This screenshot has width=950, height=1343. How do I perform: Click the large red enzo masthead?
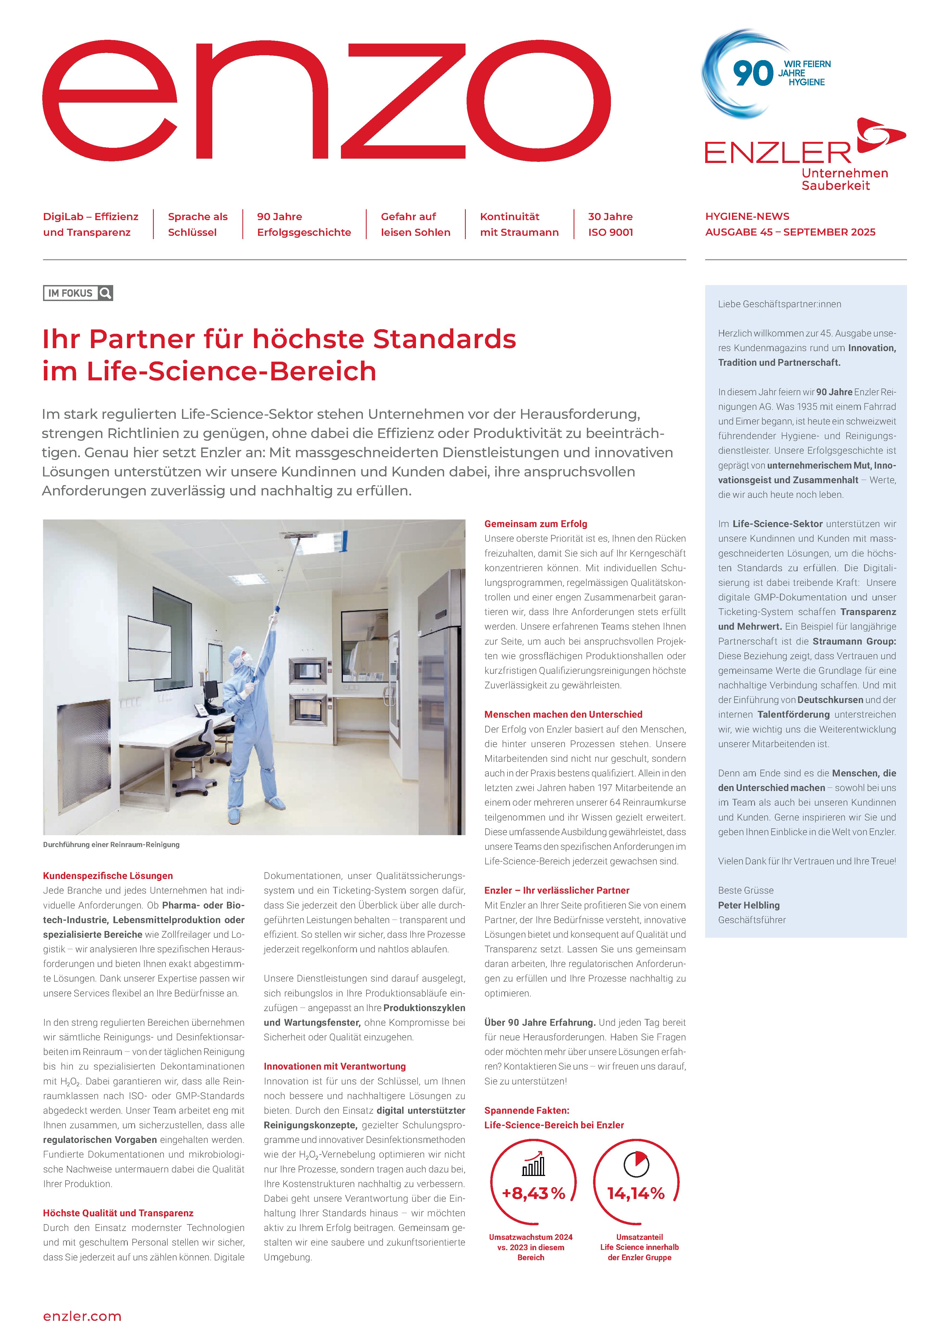click(326, 101)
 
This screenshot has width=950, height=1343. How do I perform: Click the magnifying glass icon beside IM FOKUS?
click(105, 293)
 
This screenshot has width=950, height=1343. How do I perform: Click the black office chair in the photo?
click(193, 754)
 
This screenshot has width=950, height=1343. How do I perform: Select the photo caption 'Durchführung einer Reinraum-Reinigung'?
click(111, 845)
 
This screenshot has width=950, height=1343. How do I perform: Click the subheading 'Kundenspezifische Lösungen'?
click(108, 876)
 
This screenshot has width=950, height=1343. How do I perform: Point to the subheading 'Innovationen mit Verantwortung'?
click(335, 1066)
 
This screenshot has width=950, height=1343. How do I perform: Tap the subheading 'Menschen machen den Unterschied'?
click(563, 714)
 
